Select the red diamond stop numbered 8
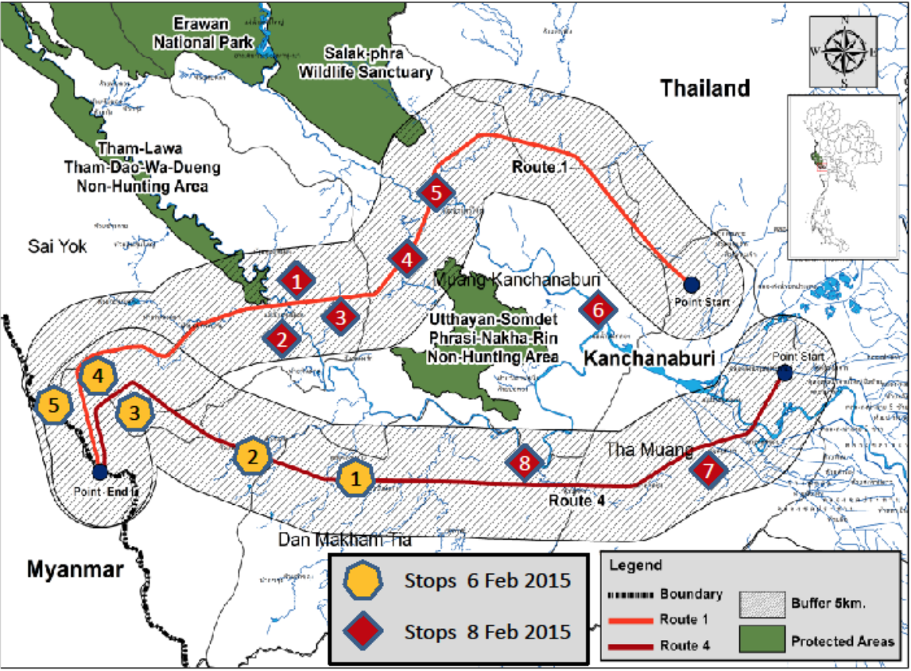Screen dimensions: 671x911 [523, 463]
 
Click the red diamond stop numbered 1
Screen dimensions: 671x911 [297, 281]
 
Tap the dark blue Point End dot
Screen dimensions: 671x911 [99, 472]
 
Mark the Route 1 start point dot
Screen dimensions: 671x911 [691, 285]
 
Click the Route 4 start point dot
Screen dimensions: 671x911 [785, 373]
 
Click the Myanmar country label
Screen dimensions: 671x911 [76, 569]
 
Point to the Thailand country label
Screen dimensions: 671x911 [705, 88]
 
